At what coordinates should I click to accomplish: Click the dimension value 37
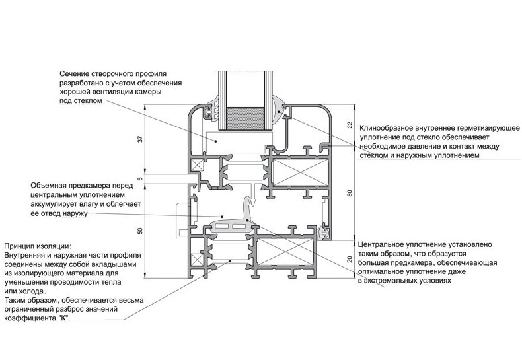coord(141,139)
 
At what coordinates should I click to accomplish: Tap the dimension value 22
coord(350,125)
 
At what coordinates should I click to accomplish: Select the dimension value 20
coord(350,259)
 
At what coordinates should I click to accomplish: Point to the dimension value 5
coord(141,178)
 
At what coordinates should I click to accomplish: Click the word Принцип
coord(19,246)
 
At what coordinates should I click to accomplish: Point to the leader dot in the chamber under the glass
coord(215,141)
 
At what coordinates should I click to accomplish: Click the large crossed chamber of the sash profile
coord(301,172)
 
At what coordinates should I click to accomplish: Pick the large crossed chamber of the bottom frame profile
coord(286,252)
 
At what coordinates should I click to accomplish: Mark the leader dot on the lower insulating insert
coord(230,260)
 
